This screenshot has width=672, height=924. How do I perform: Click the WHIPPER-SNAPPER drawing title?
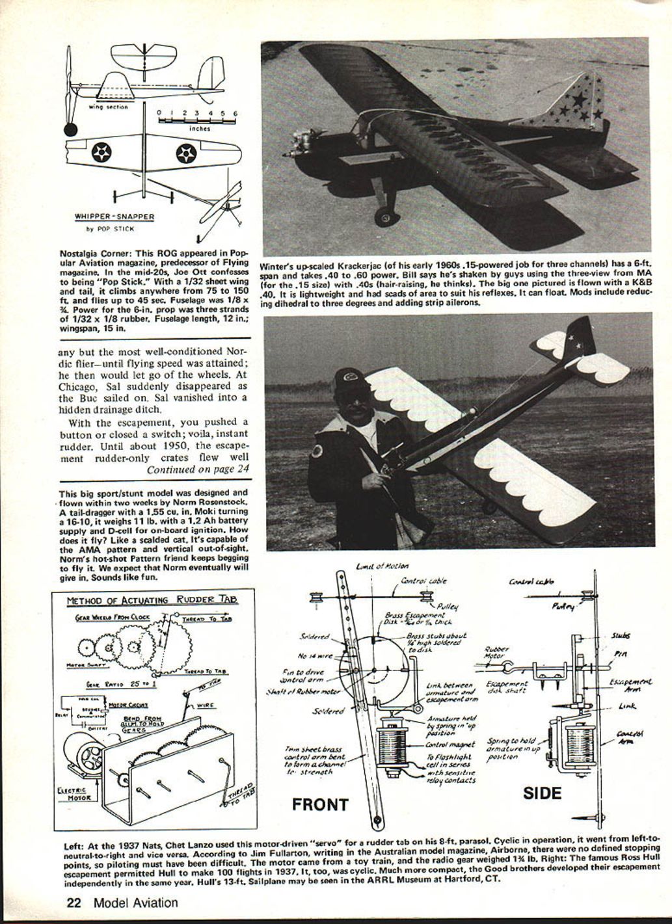(x=114, y=217)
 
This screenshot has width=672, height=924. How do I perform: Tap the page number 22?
(x=75, y=902)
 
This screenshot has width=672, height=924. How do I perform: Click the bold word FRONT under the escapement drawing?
(x=319, y=804)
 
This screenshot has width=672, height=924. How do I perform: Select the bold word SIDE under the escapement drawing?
(x=542, y=793)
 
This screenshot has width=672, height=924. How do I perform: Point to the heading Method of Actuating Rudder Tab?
(x=152, y=600)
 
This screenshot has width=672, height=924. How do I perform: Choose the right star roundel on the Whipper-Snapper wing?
(x=186, y=153)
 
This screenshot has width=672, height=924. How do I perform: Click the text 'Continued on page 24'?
(x=197, y=469)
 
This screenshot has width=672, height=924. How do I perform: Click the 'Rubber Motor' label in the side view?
(x=498, y=652)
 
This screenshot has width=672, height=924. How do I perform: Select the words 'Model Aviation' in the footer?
(x=135, y=902)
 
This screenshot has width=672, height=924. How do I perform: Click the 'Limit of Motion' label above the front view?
(x=383, y=566)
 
